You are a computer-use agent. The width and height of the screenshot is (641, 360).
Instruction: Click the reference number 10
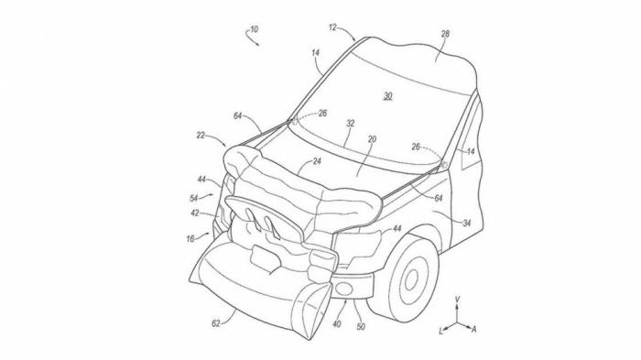[255, 29]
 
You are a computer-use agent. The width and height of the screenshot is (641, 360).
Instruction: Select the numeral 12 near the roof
[332, 27]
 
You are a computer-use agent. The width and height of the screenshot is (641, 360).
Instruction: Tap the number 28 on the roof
[445, 34]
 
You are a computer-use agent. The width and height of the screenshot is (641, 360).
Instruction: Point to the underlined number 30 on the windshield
[388, 96]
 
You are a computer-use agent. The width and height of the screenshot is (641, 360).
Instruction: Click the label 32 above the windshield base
[351, 123]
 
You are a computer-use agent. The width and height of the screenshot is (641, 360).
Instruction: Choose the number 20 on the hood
[372, 139]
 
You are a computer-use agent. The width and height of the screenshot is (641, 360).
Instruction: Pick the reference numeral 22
[201, 135]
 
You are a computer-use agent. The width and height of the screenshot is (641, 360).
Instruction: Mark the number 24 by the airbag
[317, 161]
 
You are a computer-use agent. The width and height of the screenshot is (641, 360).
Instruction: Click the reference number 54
[194, 199]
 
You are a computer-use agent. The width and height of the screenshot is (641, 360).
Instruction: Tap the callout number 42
[195, 213]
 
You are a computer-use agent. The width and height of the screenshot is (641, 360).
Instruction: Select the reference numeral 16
[190, 239]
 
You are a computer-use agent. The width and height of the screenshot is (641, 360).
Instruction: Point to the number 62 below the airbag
[216, 323]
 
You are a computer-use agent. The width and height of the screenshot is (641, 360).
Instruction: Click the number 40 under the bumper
[337, 324]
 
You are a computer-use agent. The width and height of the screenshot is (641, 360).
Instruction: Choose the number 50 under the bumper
[361, 326]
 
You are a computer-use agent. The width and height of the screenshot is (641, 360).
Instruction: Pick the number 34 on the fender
[467, 223]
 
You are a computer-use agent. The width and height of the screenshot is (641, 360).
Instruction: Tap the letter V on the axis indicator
[458, 300]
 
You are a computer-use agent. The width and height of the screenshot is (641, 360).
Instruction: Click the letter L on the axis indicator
[441, 332]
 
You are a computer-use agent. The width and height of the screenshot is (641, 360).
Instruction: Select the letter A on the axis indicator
[474, 329]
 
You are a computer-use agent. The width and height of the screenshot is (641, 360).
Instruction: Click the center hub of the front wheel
[411, 279]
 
